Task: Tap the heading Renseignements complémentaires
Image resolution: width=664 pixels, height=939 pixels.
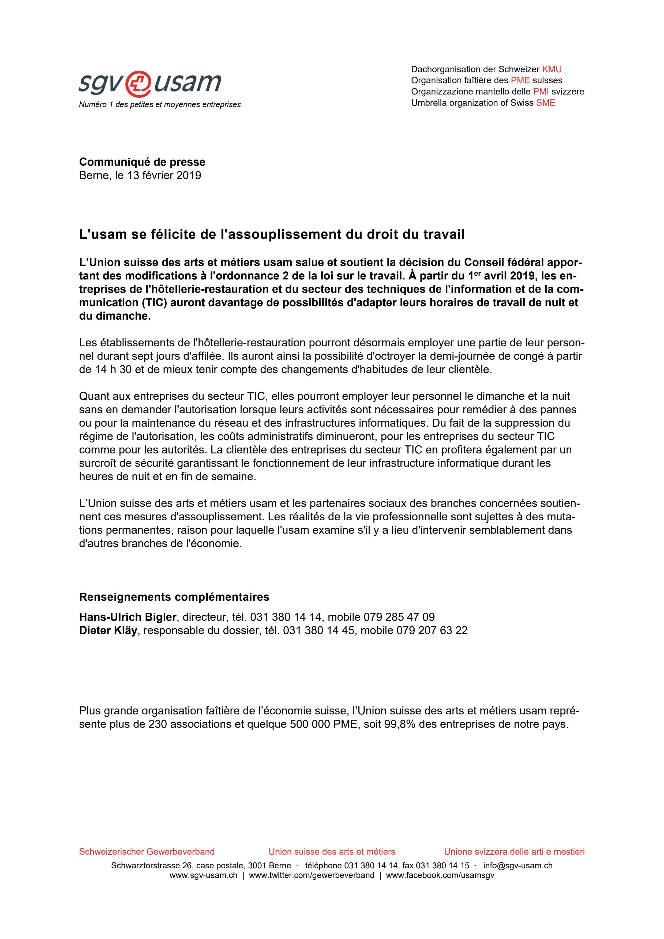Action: pyautogui.click(x=174, y=597)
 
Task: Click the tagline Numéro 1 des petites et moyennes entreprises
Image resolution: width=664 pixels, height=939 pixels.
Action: pyautogui.click(x=160, y=105)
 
